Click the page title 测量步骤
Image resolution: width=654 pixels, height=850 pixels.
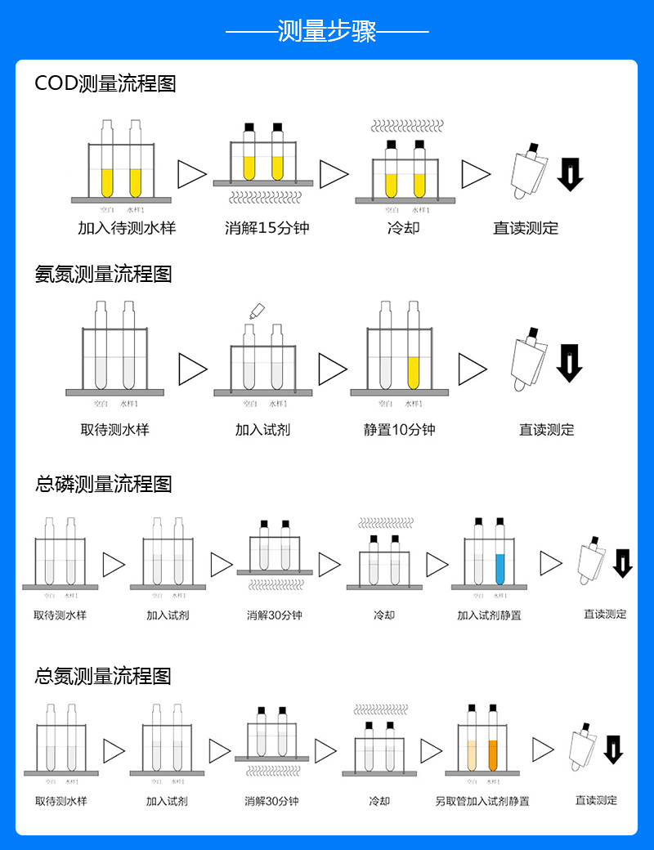[327, 32]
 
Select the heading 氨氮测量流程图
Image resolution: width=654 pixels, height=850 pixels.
[104, 274]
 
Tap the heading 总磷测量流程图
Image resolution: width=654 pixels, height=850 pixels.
[104, 484]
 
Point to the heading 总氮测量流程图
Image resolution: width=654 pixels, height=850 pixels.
[103, 676]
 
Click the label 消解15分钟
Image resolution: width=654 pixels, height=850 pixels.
[267, 228]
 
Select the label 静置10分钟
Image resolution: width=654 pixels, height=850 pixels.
[400, 429]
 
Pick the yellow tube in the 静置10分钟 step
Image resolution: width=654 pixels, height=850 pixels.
[414, 372]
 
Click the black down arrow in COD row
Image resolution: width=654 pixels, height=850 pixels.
[570, 174]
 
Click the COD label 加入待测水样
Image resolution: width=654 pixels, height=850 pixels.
[127, 228]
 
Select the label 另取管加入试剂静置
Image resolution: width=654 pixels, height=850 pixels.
[482, 801]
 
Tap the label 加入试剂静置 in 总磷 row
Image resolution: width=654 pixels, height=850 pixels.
[489, 615]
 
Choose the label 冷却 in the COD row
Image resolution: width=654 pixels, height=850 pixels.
[403, 228]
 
